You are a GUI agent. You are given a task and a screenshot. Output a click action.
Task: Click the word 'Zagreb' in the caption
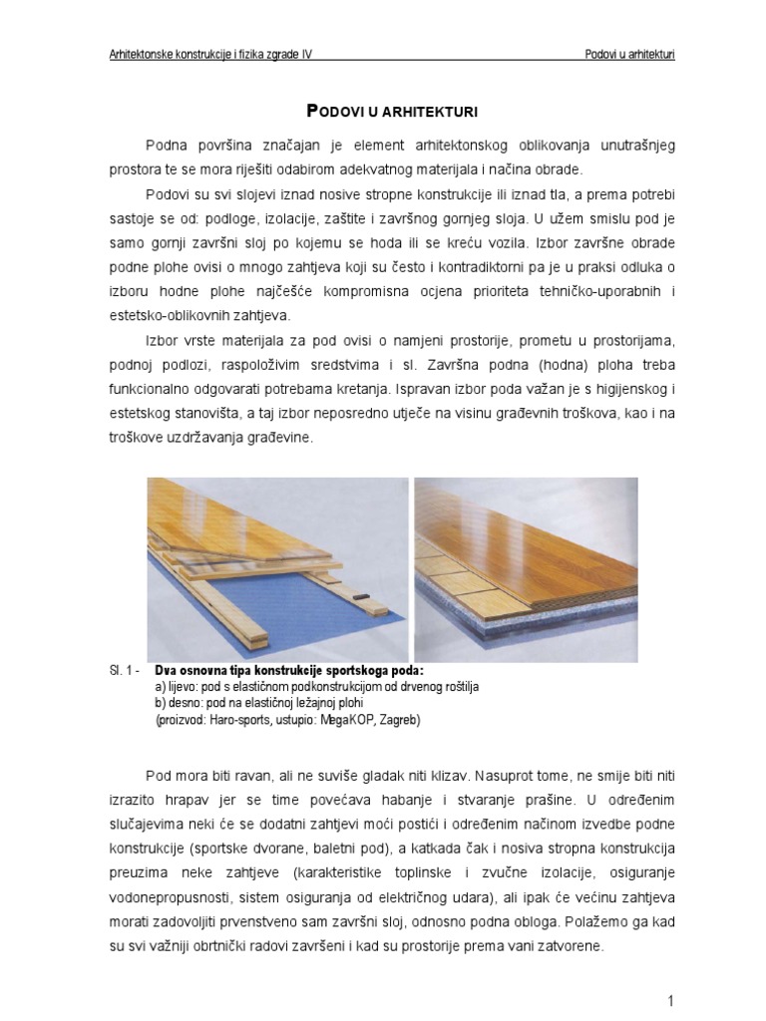399,719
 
